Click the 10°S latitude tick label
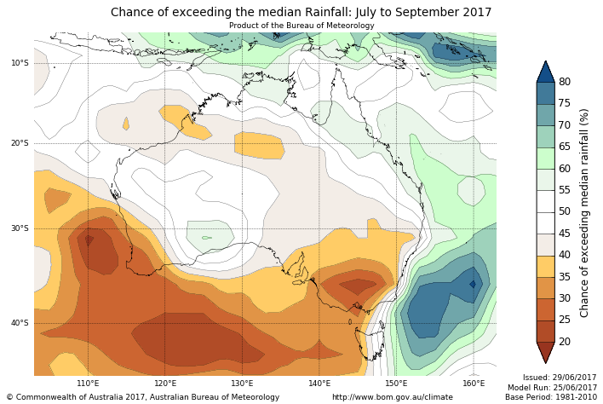pos(20,62)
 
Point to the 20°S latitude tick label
pos(20,143)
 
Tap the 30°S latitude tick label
pos(20,228)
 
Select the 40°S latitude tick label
pos(20,323)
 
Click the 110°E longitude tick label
pos(88,384)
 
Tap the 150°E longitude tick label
pos(397,384)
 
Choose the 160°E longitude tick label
pos(474,384)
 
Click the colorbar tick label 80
pos(565,82)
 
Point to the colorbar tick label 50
pos(565,211)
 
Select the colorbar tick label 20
pos(565,342)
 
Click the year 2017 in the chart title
pos(475,13)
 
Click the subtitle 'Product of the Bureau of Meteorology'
pos(301,26)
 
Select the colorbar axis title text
pos(584,212)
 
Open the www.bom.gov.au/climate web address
pos(392,397)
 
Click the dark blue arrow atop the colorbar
pos(545,71)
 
